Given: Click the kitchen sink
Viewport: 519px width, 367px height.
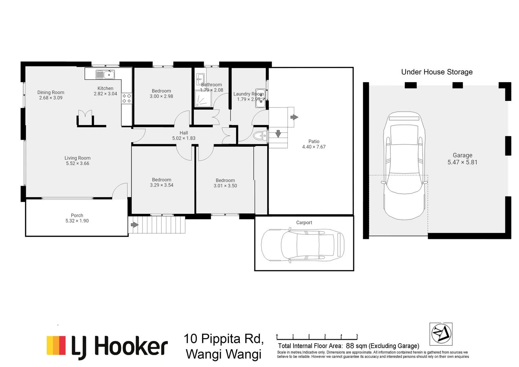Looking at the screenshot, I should coord(105,74).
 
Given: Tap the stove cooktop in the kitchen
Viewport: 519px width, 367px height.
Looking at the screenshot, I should coord(127,99).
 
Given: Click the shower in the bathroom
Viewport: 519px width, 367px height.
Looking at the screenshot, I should coord(203,98).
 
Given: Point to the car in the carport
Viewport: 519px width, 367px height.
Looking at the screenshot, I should coord(302,245).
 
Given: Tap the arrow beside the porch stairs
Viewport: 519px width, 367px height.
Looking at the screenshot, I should coord(135,225).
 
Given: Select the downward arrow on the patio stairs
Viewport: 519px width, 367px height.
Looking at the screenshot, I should coord(278,134).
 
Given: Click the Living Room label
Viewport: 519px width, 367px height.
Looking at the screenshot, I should coord(77,158).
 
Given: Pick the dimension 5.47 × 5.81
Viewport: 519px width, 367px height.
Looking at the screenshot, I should coord(462,162).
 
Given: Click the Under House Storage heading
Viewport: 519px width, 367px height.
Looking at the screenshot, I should coord(437,72).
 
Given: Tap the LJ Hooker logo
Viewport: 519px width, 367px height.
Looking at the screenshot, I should coord(107,347).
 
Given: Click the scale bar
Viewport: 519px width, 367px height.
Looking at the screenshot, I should coord(317,337).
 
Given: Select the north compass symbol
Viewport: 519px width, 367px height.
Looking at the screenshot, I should coord(441,334).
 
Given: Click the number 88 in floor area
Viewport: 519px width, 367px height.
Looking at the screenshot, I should coord(350,346).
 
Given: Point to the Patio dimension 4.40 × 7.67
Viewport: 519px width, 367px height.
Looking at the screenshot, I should coord(314,147).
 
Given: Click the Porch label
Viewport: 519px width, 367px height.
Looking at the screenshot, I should coord(77,215).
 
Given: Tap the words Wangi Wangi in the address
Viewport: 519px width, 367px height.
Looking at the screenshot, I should coord(223,354).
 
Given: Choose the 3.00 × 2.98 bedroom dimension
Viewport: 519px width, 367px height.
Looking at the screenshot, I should coord(161,97).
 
